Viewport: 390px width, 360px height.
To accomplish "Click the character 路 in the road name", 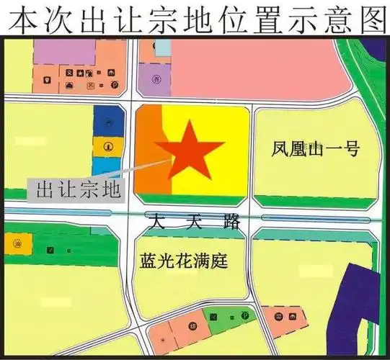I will pos(231,222).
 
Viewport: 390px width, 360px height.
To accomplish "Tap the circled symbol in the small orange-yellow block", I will pos(107,146).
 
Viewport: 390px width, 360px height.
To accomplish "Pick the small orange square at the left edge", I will pos(12,243).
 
